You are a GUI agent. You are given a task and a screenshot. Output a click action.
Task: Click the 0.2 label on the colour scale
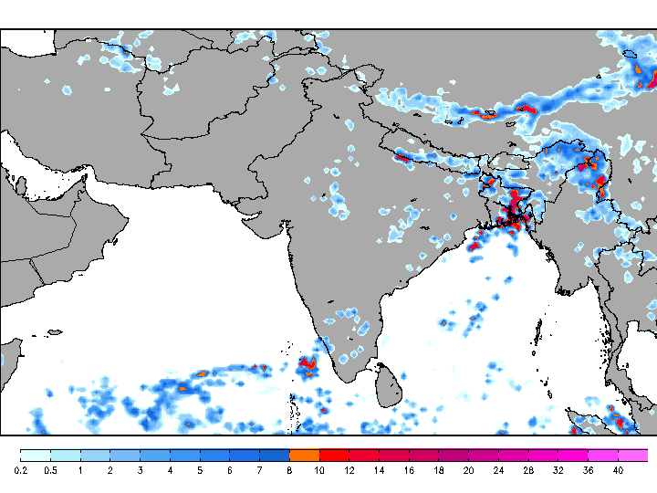pos(20,470)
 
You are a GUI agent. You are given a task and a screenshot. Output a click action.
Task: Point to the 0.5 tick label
pos(50,470)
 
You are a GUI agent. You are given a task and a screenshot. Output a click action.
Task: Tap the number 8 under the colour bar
pos(289,470)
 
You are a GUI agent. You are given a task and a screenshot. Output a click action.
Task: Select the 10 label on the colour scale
pos(319,470)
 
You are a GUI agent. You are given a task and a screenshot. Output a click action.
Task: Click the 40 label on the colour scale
pos(618,470)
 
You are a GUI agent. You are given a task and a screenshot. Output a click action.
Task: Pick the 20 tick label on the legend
pos(468,470)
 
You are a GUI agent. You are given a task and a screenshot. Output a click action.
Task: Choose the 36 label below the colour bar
pos(588,470)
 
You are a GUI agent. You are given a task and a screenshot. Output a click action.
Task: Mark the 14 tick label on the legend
pos(379,470)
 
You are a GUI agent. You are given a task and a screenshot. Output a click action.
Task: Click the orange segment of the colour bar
pos(305,454)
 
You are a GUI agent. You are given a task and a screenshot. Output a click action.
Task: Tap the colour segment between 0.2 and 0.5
pos(36,454)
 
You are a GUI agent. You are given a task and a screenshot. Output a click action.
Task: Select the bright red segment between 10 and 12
pos(334,454)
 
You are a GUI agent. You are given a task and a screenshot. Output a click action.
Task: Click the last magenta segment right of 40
pos(633,454)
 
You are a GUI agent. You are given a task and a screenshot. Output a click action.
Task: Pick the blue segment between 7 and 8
pos(275,454)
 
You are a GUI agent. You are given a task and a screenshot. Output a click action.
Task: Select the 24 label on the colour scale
pos(498,470)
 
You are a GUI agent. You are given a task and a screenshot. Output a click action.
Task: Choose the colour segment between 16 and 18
pos(423,454)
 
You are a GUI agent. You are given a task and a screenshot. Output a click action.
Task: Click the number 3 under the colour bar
pos(140,470)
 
